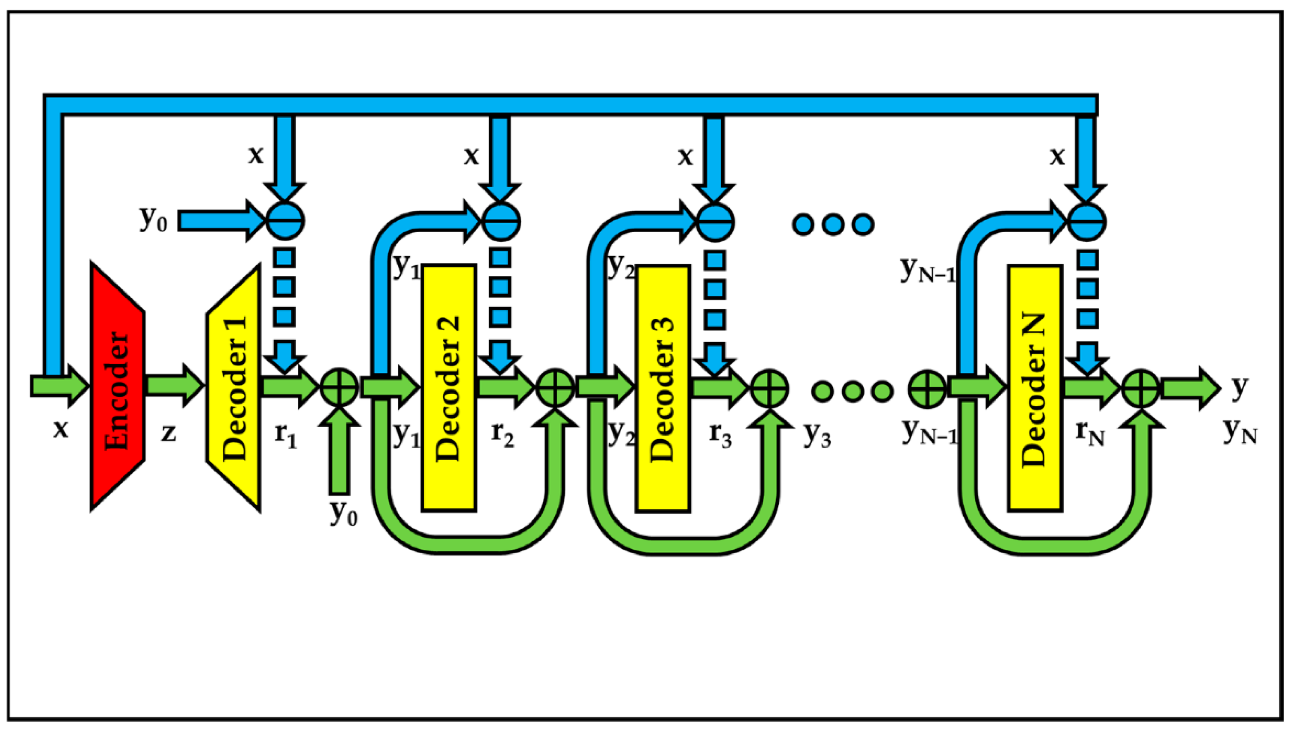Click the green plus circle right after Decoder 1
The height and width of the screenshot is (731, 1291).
pos(339,388)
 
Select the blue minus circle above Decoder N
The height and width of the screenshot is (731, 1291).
pos(1086,221)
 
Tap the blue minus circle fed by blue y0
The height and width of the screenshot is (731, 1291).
pos(284,221)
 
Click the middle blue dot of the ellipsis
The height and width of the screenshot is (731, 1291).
pos(833,224)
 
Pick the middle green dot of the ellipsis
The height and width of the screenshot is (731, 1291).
pos(852,390)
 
